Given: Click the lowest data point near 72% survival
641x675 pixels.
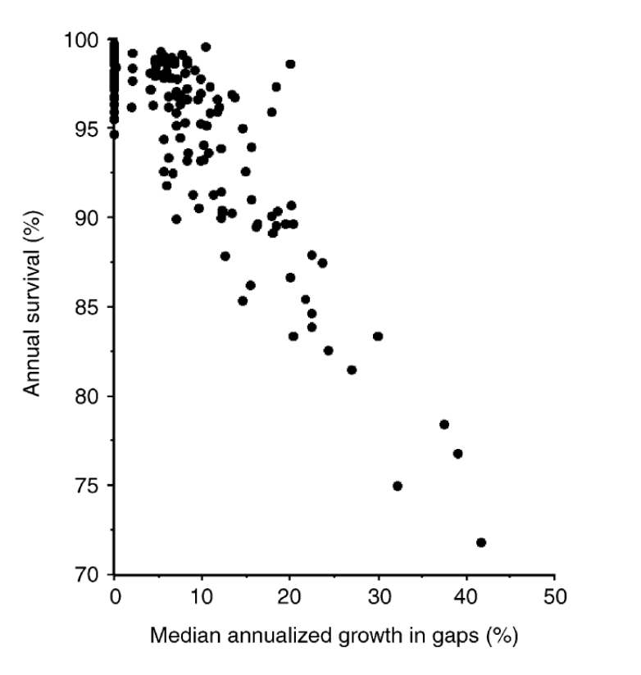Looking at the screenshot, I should [x=481, y=542].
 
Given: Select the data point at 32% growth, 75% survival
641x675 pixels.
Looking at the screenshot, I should [x=398, y=486].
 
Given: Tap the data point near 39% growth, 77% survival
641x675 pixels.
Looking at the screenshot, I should [x=458, y=454].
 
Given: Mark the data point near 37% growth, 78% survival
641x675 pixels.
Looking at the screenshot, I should [x=444, y=424].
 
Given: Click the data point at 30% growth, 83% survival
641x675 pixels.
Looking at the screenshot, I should [x=378, y=336].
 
